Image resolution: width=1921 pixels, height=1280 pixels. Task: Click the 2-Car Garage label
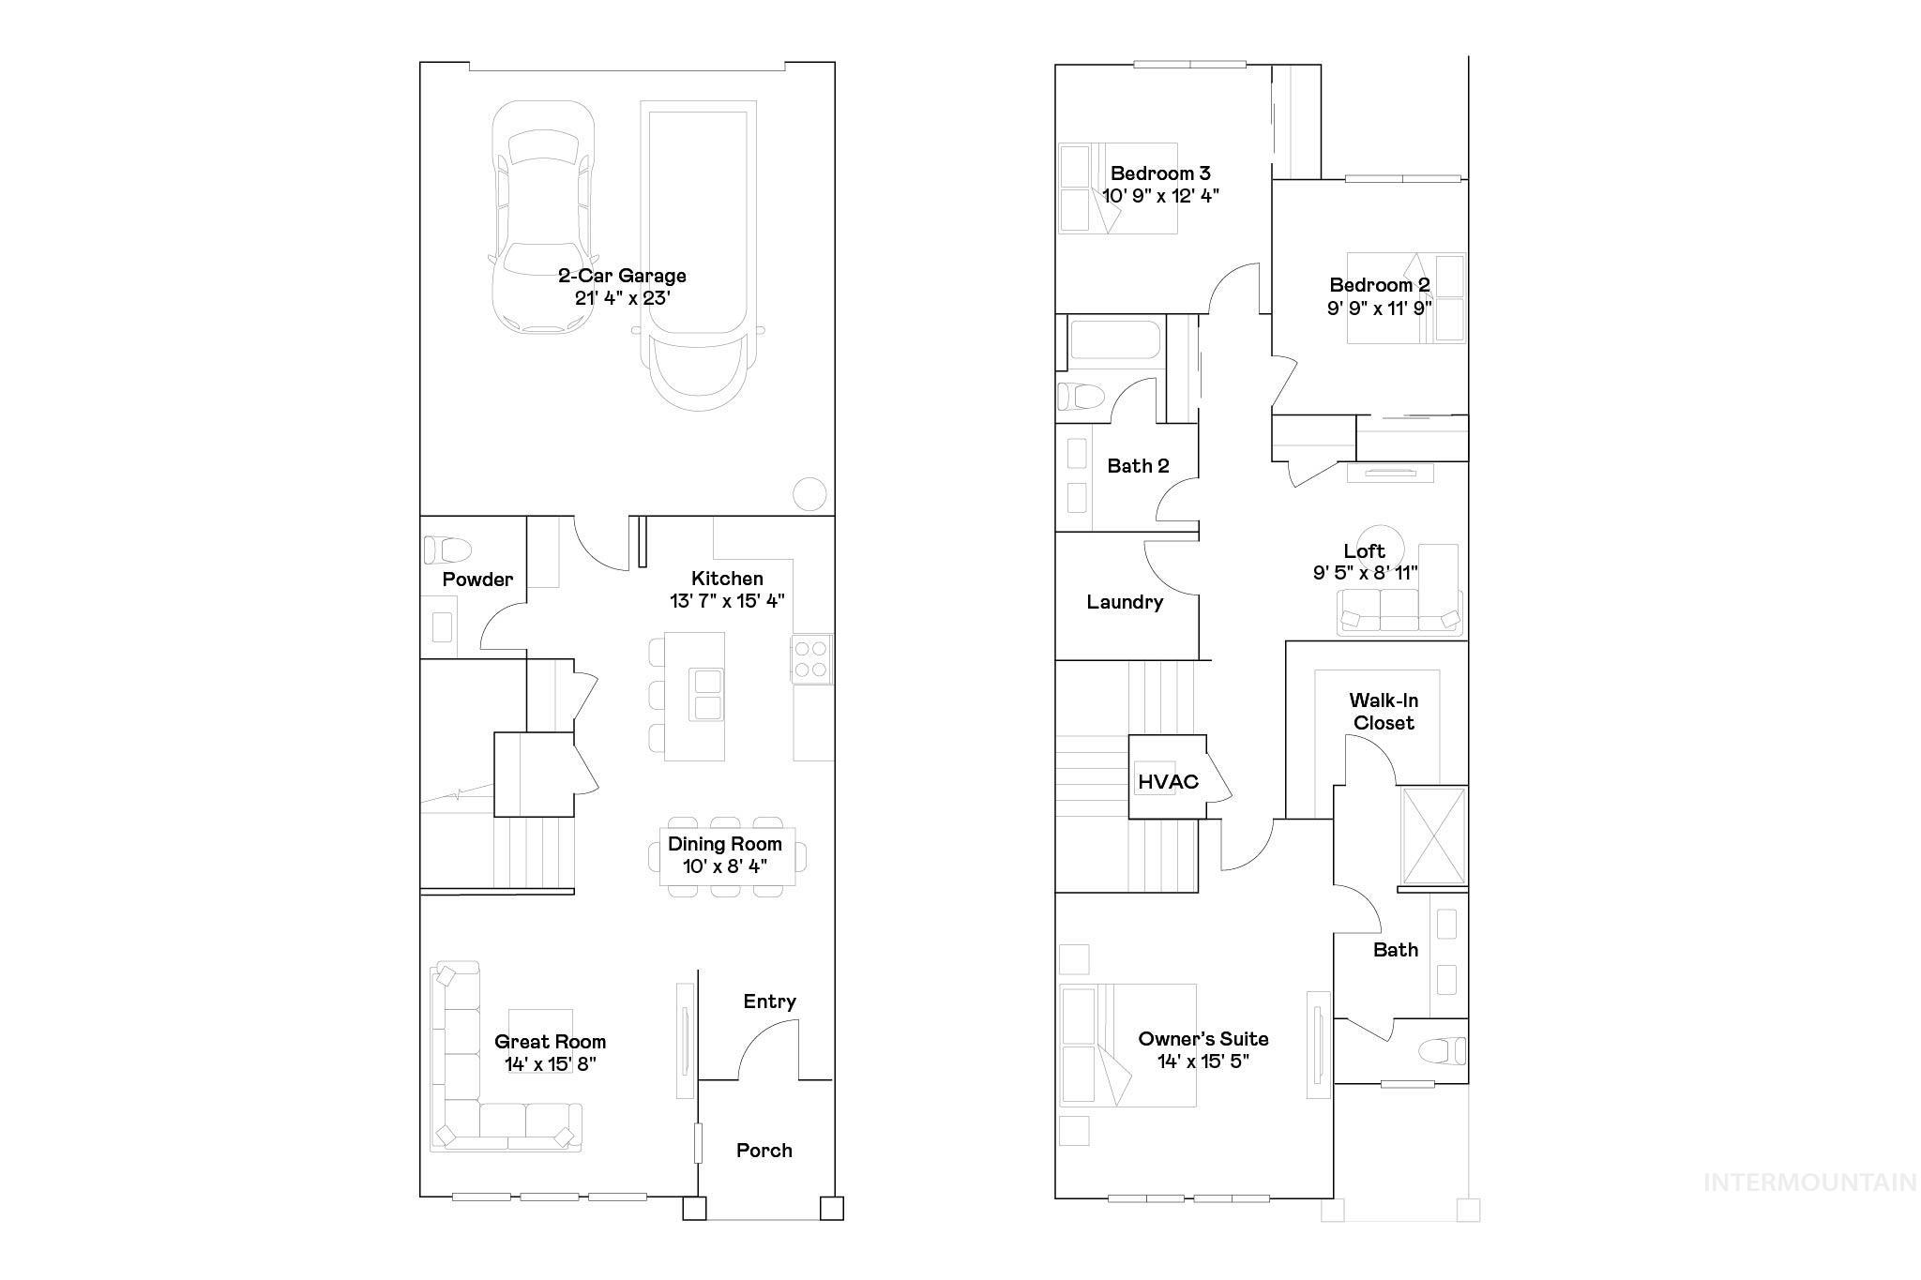coord(622,276)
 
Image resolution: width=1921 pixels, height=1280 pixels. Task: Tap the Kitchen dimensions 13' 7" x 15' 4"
coord(727,601)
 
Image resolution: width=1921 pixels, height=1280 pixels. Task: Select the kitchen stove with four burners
coord(811,658)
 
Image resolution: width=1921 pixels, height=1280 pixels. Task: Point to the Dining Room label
coord(724,844)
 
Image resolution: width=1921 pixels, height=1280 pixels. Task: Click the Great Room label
coord(550,1042)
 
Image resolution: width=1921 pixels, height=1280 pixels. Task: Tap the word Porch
coord(764,1151)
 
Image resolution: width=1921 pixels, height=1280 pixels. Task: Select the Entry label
coord(769,1001)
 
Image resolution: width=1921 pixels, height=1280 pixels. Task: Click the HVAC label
coord(1168,782)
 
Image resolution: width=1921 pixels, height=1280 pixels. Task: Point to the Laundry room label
coord(1125,602)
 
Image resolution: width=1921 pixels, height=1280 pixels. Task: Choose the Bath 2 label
coord(1138,466)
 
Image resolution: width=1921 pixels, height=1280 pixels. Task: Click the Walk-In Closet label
coord(1384,712)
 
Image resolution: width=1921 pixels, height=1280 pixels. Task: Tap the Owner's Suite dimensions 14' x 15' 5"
coord(1203,1062)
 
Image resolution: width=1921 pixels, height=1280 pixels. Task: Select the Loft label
coord(1364,551)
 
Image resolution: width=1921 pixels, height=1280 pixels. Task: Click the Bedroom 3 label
coord(1160,173)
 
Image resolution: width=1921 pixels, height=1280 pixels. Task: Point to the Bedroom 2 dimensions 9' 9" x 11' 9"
coord(1379,309)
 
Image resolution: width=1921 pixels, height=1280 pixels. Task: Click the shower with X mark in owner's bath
coord(1432,836)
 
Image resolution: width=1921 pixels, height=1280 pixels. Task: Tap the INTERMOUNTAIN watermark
coord(1809,1182)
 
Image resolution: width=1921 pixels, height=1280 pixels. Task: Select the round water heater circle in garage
coord(809,493)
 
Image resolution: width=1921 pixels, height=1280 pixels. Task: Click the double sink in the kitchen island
coord(705,694)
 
